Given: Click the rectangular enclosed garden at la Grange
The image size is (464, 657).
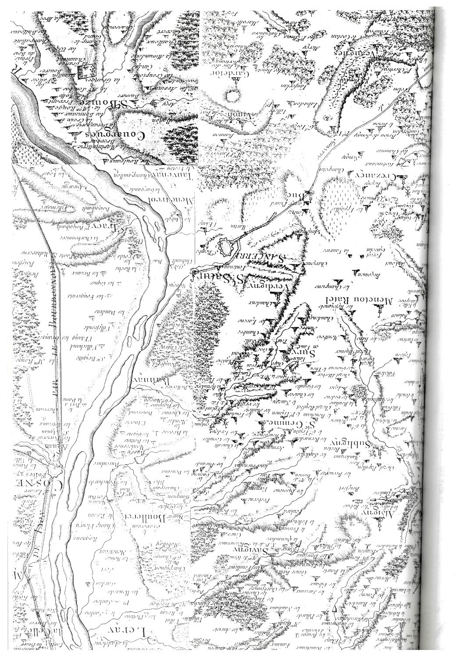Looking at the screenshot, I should [87, 71].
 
